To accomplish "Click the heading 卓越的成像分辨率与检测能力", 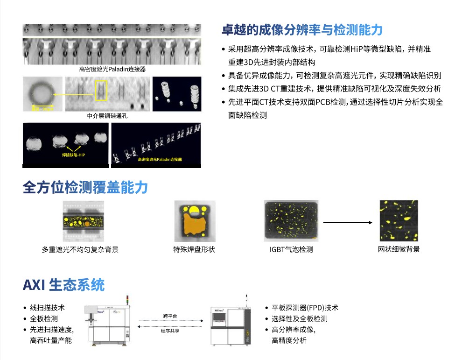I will [302, 30].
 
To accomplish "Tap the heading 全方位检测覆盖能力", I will [85, 187].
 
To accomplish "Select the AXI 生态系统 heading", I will [63, 284].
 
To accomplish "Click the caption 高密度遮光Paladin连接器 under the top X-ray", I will [112, 69].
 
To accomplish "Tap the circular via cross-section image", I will [42, 93].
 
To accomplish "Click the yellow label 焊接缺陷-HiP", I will [74, 154].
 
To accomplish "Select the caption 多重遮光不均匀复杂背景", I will [80, 249].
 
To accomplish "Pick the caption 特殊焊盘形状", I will [194, 249].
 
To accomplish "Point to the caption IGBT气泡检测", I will [291, 249].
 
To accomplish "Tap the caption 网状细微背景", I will [399, 249].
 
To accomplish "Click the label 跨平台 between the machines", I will [170, 316].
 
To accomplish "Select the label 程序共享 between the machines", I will [170, 330].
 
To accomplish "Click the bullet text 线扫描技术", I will [47, 308].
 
